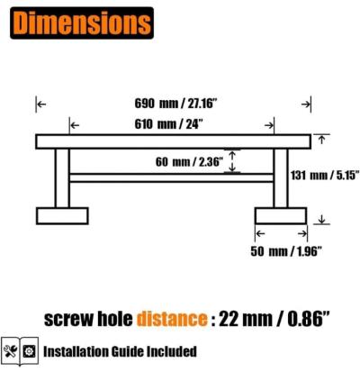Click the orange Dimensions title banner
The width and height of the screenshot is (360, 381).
click(78, 20)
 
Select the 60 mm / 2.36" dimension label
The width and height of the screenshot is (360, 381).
click(188, 163)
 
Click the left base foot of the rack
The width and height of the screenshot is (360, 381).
click(62, 216)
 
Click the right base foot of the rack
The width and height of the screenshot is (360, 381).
click(281, 216)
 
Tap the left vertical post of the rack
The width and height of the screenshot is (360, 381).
click(62, 177)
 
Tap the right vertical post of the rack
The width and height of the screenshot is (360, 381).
click(281, 177)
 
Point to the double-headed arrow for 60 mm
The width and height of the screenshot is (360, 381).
click(232, 161)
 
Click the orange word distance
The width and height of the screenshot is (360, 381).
click(173, 319)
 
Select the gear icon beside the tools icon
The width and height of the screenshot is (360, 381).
click(29, 349)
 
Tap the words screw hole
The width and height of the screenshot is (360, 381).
click(88, 319)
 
